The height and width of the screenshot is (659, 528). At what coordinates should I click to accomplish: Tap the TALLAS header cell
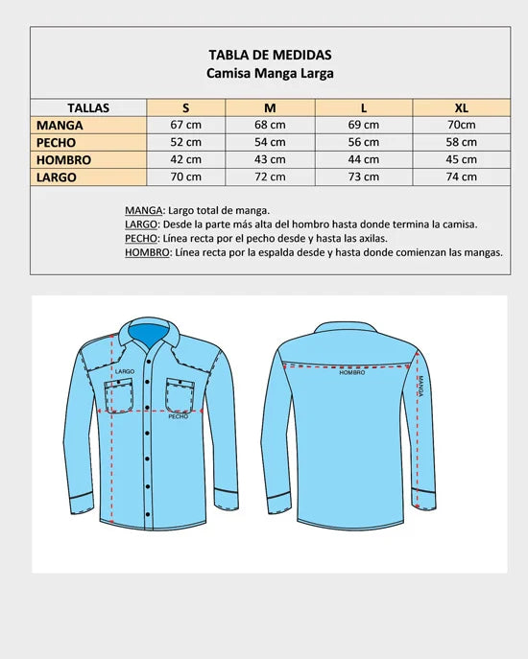[88, 107]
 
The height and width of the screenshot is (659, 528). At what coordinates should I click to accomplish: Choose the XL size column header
[462, 107]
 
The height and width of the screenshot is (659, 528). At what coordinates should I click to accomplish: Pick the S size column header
[186, 107]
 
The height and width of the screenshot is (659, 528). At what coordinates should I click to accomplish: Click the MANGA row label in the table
[60, 125]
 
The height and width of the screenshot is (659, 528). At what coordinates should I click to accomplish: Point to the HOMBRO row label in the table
[63, 159]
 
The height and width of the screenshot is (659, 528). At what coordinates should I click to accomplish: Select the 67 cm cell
[186, 125]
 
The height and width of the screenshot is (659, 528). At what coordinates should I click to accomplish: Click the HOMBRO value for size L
[364, 159]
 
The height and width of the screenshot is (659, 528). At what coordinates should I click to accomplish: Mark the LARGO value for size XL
[462, 177]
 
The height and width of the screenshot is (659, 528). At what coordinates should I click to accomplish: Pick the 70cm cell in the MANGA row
[462, 125]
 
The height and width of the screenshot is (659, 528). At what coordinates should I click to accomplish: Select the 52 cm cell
[186, 142]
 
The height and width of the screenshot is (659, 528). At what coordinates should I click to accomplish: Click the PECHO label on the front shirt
[178, 417]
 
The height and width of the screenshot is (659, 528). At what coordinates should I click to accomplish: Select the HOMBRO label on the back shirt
[352, 372]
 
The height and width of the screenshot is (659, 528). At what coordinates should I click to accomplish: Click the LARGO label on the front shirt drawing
[124, 370]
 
